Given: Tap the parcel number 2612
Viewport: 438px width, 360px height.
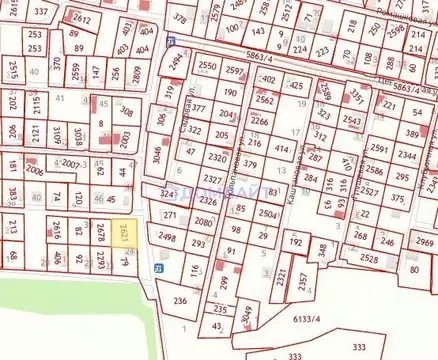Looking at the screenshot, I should click(83, 19).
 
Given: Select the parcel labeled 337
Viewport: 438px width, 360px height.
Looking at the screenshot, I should click(41, 11).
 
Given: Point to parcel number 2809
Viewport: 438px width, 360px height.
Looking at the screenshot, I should click(132, 73).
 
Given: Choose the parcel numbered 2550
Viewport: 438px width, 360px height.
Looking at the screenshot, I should click(208, 66).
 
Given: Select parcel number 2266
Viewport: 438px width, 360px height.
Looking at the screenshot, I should click(259, 121).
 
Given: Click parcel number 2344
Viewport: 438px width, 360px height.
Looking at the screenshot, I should click(406, 156).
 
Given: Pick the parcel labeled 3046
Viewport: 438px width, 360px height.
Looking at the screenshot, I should click(156, 155).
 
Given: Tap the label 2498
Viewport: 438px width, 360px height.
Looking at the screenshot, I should click(166, 238).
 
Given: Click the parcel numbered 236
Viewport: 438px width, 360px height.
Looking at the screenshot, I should click(179, 300).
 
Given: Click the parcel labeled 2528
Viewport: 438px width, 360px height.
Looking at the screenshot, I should click(369, 259).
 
